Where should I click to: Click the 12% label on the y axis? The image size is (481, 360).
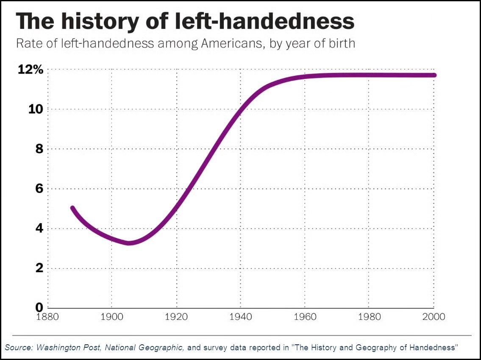(30, 70)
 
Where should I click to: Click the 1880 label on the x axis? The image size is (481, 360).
(47, 317)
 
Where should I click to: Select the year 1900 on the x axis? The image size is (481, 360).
(111, 317)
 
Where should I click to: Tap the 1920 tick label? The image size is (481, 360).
(176, 317)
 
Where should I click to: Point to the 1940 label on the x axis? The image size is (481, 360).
(240, 317)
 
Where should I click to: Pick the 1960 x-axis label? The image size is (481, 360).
(305, 317)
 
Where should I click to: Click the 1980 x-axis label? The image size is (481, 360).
(369, 317)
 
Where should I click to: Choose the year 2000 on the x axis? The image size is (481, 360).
(433, 317)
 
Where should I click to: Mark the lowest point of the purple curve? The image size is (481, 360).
(129, 243)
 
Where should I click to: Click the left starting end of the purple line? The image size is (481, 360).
(72, 208)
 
